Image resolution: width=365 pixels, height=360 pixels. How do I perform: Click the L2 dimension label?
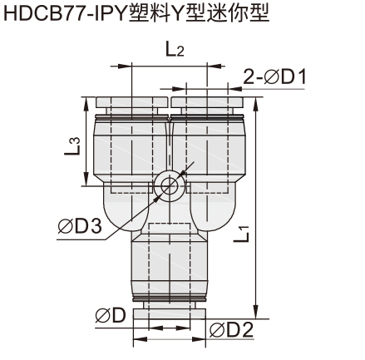click(175, 49)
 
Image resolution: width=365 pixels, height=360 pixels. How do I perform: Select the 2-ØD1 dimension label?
click(275, 76)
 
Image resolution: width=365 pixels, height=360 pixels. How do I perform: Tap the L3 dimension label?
click(72, 146)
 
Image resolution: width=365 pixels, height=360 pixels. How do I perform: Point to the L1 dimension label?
click(242, 234)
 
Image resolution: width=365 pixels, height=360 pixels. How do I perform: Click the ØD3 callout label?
click(80, 226)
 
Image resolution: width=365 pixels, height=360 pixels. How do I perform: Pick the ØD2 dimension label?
click(231, 330)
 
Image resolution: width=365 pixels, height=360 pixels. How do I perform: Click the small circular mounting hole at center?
click(169, 185)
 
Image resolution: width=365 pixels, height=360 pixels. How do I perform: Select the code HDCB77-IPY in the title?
click(65, 13)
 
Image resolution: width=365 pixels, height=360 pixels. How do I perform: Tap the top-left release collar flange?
click(132, 102)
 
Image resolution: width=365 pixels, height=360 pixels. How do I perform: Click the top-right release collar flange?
click(207, 102)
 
